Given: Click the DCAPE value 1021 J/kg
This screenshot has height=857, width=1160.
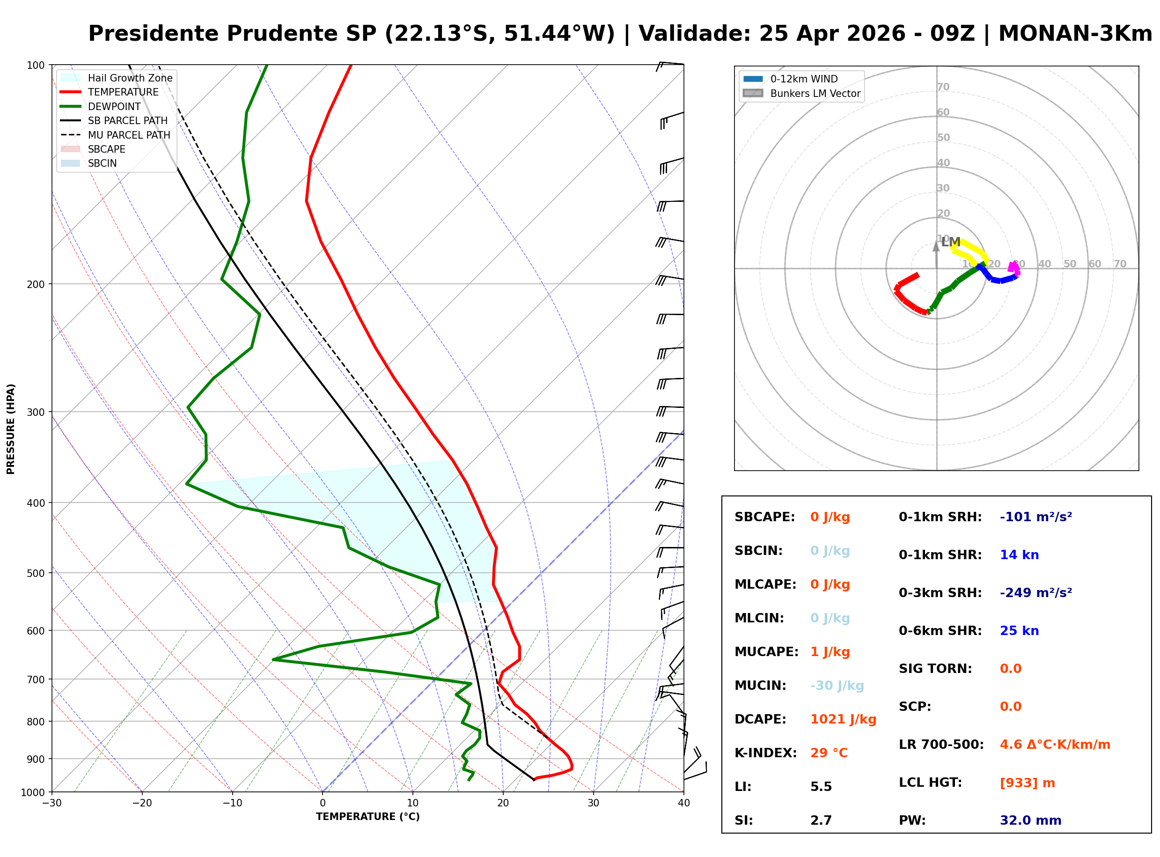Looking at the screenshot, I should [843, 719].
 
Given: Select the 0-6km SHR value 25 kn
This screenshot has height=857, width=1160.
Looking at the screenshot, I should [1019, 631].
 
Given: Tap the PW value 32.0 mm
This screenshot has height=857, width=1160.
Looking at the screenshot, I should [1030, 820].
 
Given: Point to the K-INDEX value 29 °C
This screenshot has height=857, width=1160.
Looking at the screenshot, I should [829, 753].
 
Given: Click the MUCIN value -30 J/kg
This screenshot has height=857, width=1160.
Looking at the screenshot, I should [837, 686].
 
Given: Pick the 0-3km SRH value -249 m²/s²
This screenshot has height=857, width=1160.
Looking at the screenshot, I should [1035, 593].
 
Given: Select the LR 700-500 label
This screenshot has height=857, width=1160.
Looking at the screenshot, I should [941, 745].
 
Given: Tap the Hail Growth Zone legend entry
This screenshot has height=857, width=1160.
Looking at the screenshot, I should [130, 78].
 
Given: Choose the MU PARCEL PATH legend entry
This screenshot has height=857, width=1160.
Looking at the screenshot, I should [129, 135].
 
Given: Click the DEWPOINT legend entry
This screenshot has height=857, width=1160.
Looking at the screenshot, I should [114, 107].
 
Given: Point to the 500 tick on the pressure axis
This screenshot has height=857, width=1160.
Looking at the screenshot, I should [36, 573].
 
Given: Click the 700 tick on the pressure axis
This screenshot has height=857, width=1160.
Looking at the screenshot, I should [36, 680].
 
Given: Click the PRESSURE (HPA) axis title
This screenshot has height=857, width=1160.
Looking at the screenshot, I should [11, 429].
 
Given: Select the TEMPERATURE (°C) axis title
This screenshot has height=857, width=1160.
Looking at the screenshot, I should [367, 817].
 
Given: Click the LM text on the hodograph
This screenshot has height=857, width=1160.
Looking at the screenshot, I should [950, 242].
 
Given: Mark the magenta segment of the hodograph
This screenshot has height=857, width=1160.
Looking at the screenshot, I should [1014, 268].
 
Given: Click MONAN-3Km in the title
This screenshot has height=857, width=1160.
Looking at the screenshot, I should [1075, 34].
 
